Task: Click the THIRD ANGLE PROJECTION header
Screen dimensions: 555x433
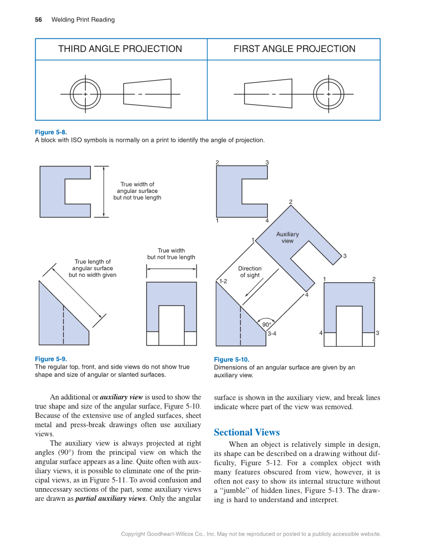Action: [x=120, y=49]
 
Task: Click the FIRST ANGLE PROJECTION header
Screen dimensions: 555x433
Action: [x=294, y=49]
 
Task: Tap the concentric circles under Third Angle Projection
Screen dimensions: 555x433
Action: [x=85, y=94]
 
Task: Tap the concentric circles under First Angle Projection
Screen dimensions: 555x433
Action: [x=328, y=94]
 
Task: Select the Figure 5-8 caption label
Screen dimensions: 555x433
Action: [x=50, y=132]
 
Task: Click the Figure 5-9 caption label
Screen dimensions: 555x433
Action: [x=50, y=359]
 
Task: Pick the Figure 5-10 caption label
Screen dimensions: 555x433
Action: [x=232, y=359]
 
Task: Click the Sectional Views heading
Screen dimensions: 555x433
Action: [x=247, y=432]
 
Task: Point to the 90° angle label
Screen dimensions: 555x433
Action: [x=267, y=325]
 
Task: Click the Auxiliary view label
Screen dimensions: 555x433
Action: [x=288, y=237]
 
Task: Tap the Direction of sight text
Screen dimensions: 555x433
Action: [x=250, y=272]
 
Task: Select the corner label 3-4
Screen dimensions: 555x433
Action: [x=272, y=334]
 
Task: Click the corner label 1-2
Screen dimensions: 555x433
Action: [x=223, y=281]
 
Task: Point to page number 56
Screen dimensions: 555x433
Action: [x=38, y=20]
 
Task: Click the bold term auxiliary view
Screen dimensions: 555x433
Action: [x=121, y=397]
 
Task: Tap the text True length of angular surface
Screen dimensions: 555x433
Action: [x=92, y=268]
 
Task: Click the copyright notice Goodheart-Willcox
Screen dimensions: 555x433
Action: [x=251, y=534]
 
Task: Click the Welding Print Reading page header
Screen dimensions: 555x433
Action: [x=83, y=20]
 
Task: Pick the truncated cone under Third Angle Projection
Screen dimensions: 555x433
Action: [x=147, y=93]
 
